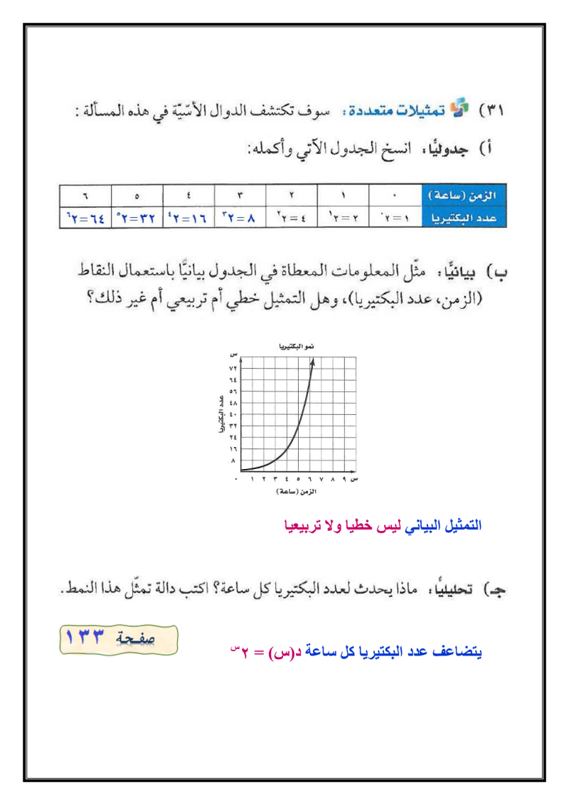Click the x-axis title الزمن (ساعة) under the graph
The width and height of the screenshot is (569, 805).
294,491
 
